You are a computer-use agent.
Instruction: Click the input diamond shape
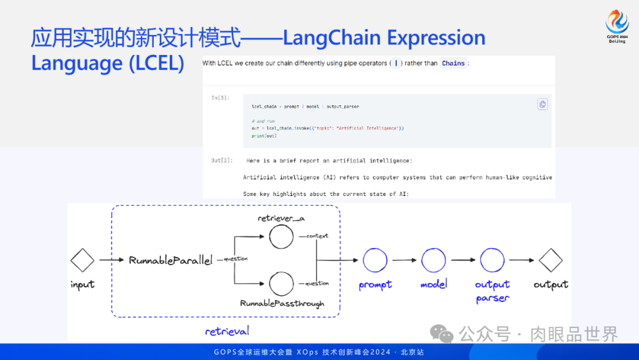[x=82, y=260]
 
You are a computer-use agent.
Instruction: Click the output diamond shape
[x=550, y=260]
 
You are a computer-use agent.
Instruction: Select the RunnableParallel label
[x=170, y=260]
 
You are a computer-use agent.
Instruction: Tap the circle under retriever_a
[x=281, y=237]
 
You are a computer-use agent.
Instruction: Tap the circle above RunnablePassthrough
[x=281, y=284]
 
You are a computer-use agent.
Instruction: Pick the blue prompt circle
[x=375, y=260]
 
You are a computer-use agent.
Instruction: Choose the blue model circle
[x=434, y=260]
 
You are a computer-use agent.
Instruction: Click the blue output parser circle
[x=492, y=260]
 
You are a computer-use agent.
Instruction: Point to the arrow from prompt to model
[x=405, y=260]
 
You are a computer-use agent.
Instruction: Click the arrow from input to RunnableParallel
[x=112, y=260]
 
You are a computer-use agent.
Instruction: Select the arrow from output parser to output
[x=522, y=260]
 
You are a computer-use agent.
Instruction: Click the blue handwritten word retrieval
[x=227, y=331]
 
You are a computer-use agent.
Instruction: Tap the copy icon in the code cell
[x=543, y=104]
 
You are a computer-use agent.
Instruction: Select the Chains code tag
[x=453, y=63]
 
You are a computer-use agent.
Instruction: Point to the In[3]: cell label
[x=220, y=97]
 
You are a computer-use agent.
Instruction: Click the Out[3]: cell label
[x=222, y=160]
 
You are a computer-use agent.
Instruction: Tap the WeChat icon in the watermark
[x=441, y=334]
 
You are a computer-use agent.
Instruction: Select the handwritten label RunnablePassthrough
[x=282, y=304]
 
